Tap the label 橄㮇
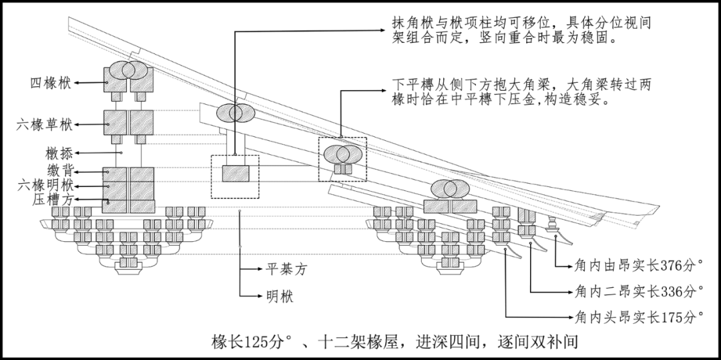[x=60, y=153]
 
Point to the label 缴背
[x=60, y=171]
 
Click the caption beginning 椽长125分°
[x=393, y=342]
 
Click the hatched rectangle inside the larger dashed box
[x=235, y=174]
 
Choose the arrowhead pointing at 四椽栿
[x=77, y=83]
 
